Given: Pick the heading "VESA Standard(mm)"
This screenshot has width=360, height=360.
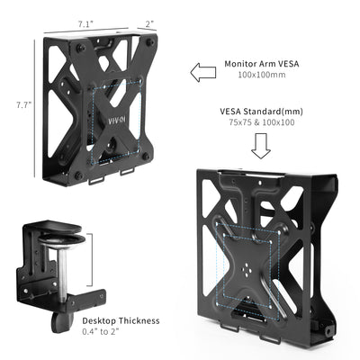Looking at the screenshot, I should pyautogui.click(x=264, y=112).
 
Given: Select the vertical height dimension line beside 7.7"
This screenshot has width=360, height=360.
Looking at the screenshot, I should pyautogui.click(x=36, y=105).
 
